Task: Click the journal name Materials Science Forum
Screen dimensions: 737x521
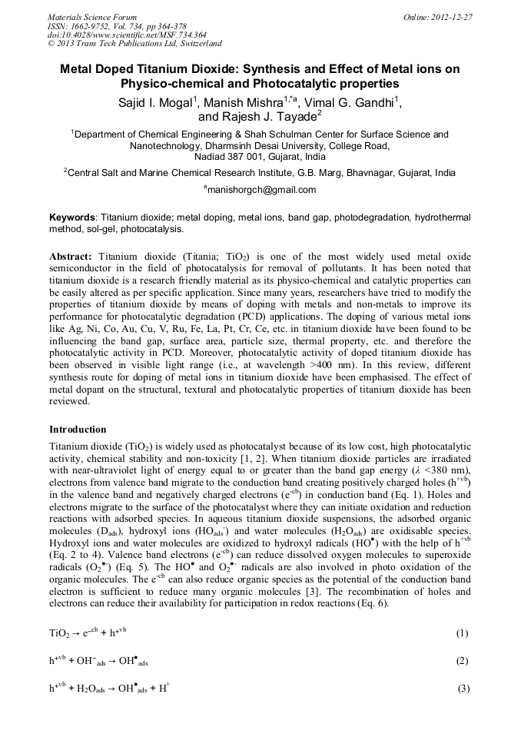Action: (x=92, y=17)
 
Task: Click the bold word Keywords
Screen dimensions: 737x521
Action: (x=72, y=217)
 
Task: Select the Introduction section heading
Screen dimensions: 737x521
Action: (x=78, y=429)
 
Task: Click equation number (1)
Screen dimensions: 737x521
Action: (x=462, y=633)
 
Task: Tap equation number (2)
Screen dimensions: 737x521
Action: (x=462, y=661)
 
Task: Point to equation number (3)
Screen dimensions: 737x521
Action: (x=463, y=689)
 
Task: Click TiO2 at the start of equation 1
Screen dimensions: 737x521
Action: (x=60, y=634)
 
